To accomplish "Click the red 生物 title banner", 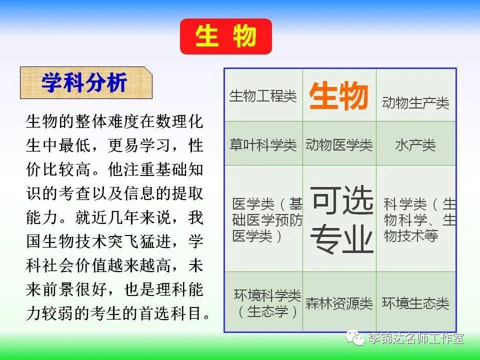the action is point(226,36).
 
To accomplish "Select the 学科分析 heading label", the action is point(86,82).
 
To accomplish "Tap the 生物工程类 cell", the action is point(263,95).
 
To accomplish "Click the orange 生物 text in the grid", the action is point(338,95).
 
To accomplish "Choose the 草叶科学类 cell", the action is point(263,144).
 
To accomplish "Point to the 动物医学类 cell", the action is point(339,144).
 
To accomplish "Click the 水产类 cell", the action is point(415,144).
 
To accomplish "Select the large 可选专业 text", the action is point(342,219).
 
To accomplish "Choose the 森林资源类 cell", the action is point(339,303).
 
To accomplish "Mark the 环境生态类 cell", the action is point(415,303).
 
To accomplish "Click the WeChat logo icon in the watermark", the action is point(355,337).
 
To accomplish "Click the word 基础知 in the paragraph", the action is point(179,169).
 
